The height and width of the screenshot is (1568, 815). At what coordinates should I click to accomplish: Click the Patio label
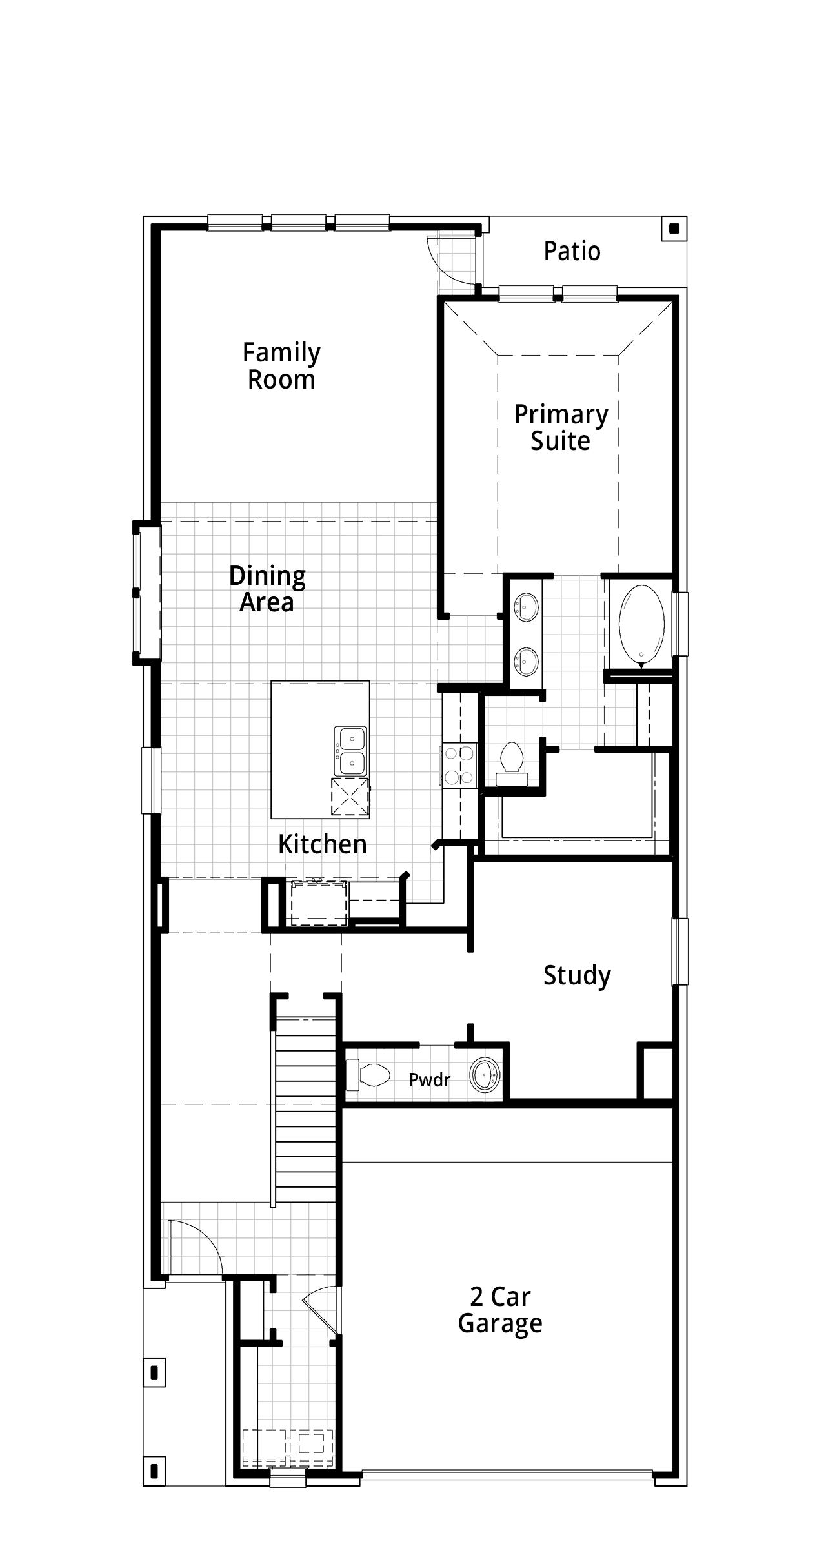click(572, 251)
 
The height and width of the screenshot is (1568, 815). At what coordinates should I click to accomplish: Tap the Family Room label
click(281, 366)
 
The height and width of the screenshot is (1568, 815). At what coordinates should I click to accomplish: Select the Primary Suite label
click(561, 427)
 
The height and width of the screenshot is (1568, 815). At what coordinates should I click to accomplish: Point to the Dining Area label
click(267, 589)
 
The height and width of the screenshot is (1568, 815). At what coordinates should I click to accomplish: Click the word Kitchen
click(323, 844)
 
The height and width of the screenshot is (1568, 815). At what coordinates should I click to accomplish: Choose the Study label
click(577, 975)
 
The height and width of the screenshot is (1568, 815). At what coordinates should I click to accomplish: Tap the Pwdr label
click(429, 1079)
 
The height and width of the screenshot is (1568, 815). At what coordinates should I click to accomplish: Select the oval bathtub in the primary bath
click(641, 624)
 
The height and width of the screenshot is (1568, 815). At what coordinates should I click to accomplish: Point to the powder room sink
click(485, 1075)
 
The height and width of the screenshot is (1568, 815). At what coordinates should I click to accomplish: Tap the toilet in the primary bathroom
click(511, 764)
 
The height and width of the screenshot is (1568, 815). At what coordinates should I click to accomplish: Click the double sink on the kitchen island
click(350, 750)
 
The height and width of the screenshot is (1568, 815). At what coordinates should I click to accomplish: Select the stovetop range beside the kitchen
click(459, 765)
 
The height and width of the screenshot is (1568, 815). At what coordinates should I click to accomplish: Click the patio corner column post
click(674, 228)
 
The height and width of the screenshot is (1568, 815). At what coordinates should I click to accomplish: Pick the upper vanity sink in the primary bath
click(527, 607)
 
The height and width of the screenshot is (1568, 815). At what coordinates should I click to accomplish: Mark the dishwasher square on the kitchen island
click(350, 797)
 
